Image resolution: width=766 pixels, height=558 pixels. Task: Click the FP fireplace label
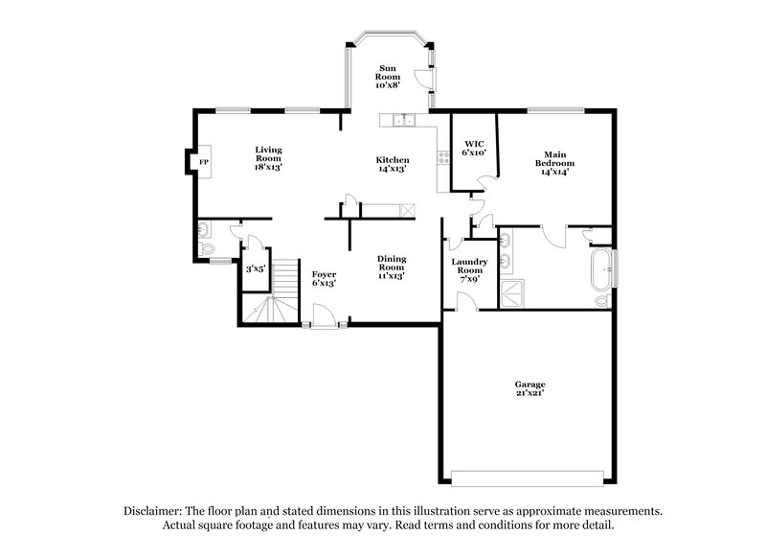point(203,163)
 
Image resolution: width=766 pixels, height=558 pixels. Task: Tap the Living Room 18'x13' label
point(268,158)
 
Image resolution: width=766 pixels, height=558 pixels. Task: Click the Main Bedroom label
point(553,158)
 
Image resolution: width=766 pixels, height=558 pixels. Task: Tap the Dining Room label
point(391,267)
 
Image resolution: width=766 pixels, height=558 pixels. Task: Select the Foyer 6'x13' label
point(324,278)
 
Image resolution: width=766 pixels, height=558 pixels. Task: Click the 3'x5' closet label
point(256,270)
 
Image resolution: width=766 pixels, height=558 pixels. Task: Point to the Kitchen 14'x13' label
point(393,164)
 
